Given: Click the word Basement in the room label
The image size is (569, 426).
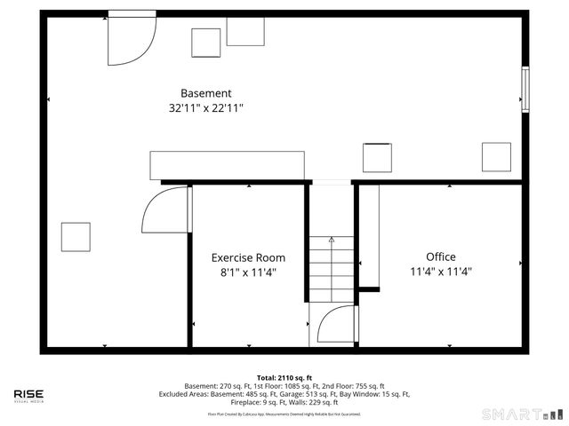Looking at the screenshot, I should pyautogui.click(x=205, y=93).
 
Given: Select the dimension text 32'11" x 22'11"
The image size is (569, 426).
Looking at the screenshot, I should pyautogui.click(x=205, y=108).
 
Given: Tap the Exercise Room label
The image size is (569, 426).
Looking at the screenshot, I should pyautogui.click(x=248, y=257).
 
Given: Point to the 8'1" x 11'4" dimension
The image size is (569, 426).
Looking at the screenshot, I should pyautogui.click(x=248, y=272).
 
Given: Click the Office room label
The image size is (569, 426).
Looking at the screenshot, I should pyautogui.click(x=440, y=256).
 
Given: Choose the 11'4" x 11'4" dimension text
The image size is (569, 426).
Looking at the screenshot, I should pyautogui.click(x=440, y=272).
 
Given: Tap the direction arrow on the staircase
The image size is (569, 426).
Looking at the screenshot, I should pyautogui.click(x=332, y=240).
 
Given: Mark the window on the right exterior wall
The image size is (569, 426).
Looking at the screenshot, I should pyautogui.click(x=525, y=90).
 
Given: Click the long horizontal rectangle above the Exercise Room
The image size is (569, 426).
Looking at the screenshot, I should pyautogui.click(x=227, y=165).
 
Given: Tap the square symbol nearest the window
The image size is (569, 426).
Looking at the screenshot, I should pyautogui.click(x=496, y=157).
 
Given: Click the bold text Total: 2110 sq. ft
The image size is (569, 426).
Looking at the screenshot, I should pyautogui.click(x=284, y=377).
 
